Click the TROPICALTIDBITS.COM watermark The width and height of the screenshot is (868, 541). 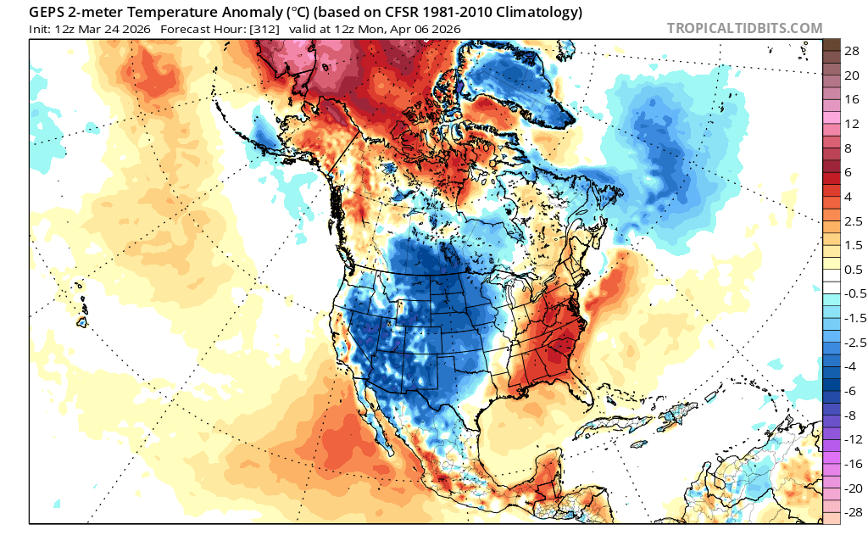coord(744,28)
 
